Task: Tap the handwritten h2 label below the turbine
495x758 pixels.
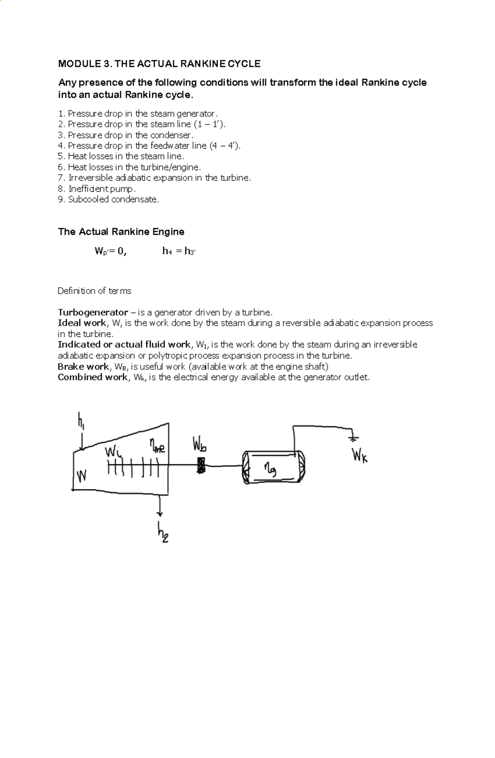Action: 162,532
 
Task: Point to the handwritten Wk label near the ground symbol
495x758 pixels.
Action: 360,456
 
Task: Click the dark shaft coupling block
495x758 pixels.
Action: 201,466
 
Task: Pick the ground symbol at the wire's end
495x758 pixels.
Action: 354,437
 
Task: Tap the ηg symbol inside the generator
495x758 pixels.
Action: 271,470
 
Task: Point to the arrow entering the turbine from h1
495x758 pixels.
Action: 82,442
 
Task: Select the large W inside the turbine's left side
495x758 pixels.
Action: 82,476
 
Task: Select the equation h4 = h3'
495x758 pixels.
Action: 179,251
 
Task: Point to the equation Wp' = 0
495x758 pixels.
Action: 110,251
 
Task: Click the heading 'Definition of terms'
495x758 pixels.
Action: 94,291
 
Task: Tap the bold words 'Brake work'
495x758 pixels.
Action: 83,366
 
